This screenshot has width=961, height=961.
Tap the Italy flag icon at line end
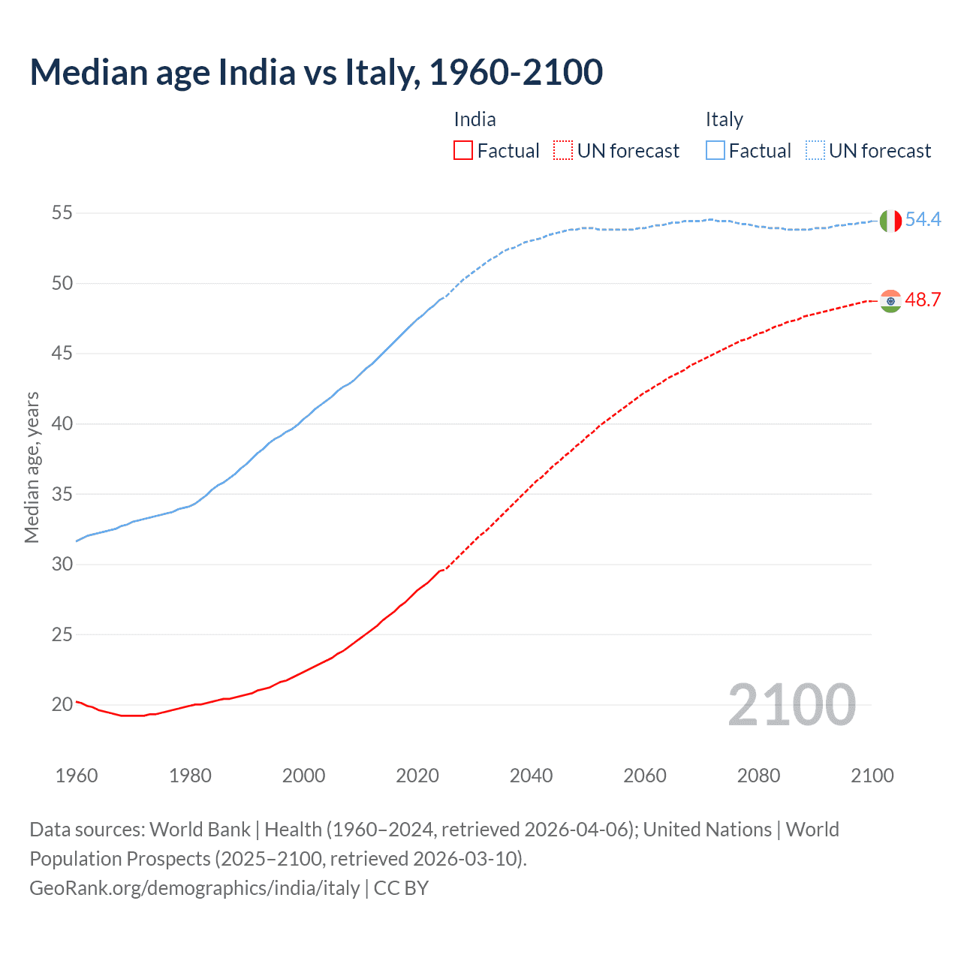890,221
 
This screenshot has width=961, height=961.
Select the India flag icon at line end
890,301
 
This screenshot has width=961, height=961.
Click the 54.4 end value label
923,220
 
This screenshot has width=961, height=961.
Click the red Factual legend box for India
463,151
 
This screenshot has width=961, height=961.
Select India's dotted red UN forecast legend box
563,151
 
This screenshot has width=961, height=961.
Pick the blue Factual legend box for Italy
715,151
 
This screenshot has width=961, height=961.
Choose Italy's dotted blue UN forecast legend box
815,151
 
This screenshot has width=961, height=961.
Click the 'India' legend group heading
474,119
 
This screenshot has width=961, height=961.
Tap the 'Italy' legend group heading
724,119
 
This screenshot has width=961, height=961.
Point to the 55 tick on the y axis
62,213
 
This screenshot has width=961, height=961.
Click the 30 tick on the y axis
62,565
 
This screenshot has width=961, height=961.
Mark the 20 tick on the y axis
62,705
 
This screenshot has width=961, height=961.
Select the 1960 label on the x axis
77,776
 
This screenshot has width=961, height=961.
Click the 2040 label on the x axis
531,776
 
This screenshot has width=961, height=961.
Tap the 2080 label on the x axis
758,776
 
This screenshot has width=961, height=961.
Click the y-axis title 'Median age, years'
32,467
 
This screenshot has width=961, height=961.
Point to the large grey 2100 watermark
791,705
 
